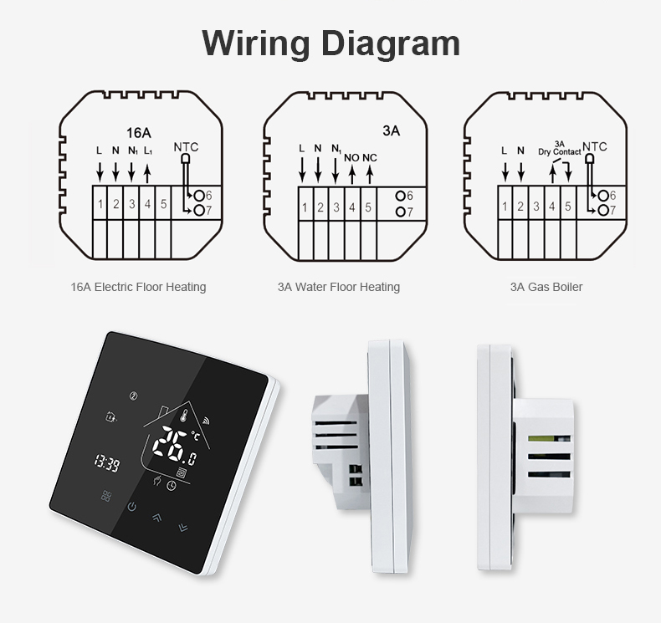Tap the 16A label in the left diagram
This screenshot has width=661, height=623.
click(139, 132)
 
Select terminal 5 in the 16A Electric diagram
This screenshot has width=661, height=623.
click(164, 203)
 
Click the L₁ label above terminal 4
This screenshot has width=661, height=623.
click(148, 151)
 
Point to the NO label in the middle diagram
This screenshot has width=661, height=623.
click(351, 156)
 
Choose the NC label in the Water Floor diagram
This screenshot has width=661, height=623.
click(370, 156)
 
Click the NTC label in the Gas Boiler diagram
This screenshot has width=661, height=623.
click(595, 147)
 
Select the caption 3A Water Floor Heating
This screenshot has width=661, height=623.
click(339, 287)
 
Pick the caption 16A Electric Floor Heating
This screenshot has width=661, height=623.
click(138, 287)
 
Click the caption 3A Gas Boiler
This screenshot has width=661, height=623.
click(546, 287)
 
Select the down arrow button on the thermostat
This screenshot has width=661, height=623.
click(182, 527)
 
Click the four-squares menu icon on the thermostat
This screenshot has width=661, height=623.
click(105, 496)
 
